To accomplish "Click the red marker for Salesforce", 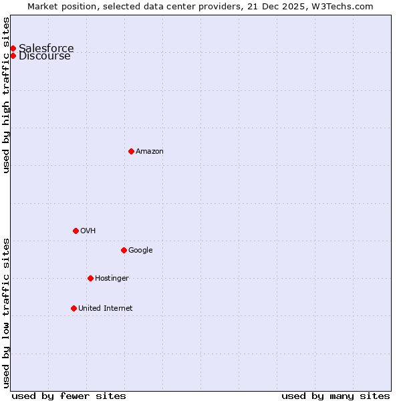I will click(13, 48).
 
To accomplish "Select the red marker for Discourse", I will click(13, 55).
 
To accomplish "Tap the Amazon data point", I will click(131, 151).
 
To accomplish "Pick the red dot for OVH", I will click(76, 231).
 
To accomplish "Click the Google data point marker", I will click(124, 250).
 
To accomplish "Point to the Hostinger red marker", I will click(90, 278).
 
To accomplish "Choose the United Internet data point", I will click(74, 308).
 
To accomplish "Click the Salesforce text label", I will click(46, 48).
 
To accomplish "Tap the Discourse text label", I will click(44, 56).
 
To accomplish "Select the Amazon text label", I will click(150, 151).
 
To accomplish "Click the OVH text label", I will click(88, 231).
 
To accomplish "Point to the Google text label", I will click(140, 250).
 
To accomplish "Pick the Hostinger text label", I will click(112, 278).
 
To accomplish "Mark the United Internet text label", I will click(106, 308).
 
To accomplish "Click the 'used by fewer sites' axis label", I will click(69, 396).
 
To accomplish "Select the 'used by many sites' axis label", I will click(336, 396).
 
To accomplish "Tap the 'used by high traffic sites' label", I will click(7, 95).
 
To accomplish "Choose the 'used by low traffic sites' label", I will click(7, 313).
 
